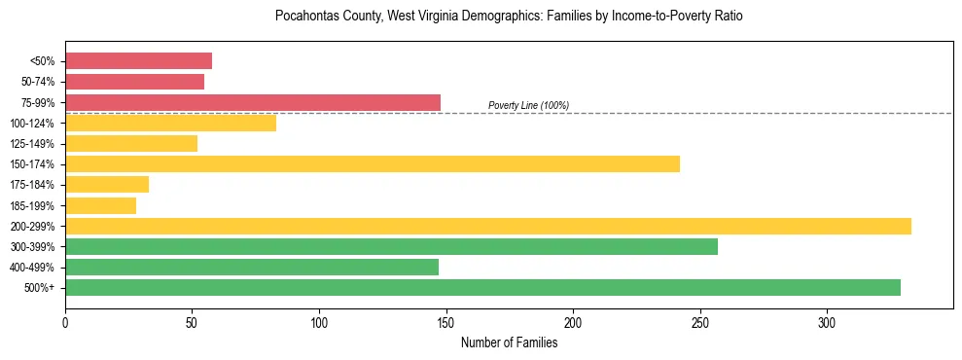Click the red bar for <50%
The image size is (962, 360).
pyautogui.click(x=138, y=61)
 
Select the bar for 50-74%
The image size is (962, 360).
pyautogui.click(x=134, y=82)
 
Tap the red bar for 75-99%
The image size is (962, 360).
pyautogui.click(x=253, y=102)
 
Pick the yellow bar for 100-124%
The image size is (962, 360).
pyautogui.click(x=170, y=123)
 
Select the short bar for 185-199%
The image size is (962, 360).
pyautogui.click(x=100, y=205)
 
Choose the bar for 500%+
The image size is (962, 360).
pyautogui.click(x=482, y=287)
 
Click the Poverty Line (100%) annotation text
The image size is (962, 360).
pyautogui.click(x=528, y=105)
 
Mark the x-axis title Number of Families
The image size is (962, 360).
pyautogui.click(x=509, y=342)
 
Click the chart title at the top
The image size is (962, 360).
pyautogui.click(x=509, y=17)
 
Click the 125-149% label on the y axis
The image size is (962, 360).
pyautogui.click(x=33, y=144)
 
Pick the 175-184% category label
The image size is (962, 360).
pyautogui.click(x=33, y=185)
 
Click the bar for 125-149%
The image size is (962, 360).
pyautogui.click(x=131, y=143)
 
